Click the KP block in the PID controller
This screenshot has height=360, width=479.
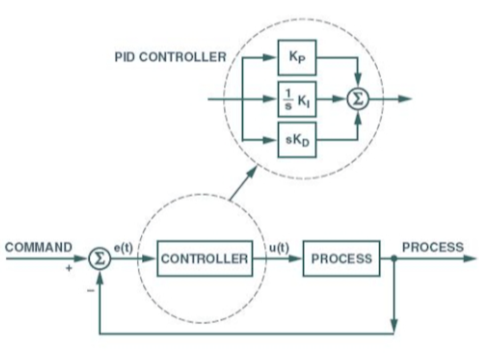tap(297, 57)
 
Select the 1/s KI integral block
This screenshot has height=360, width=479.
tap(297, 99)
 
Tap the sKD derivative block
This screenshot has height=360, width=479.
tap(297, 140)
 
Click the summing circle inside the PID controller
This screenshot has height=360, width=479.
tap(358, 99)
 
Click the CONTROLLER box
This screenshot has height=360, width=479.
tap(204, 259)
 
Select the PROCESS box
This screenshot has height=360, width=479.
tap(342, 259)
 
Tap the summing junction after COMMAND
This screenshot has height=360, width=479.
tap(99, 259)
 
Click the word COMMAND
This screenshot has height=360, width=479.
tap(38, 247)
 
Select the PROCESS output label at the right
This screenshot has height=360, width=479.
tap(433, 247)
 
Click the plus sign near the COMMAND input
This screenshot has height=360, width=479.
tap(68, 269)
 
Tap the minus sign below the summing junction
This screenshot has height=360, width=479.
tap(90, 291)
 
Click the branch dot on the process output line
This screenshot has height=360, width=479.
tap(394, 259)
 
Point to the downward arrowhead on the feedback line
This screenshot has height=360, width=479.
tap(394, 324)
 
